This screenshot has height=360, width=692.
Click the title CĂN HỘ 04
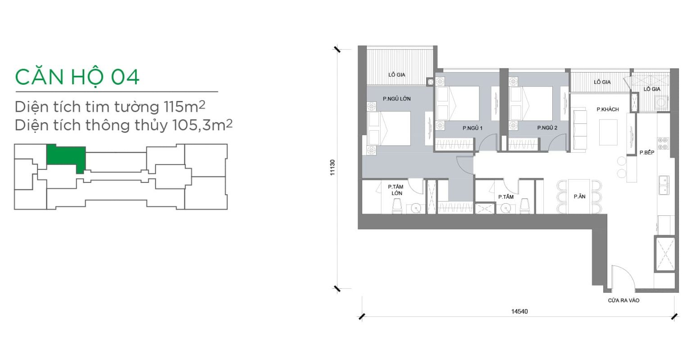tap(77, 77)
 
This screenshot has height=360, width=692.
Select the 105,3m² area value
tap(202, 125)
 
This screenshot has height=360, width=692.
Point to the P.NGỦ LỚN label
tap(396, 99)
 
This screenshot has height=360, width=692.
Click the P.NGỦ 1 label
tap(472, 128)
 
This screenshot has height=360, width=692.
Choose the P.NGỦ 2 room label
tap(547, 128)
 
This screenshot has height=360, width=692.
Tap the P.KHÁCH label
tap(608, 109)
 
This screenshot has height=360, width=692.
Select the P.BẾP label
tap(647, 152)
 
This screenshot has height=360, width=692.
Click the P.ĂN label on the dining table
tap(579, 196)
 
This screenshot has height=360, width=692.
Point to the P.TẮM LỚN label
tap(396, 190)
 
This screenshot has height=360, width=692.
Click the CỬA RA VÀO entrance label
tap(624, 301)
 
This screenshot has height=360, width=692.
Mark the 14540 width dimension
tap(519, 311)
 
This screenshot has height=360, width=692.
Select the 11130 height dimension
tap(332, 168)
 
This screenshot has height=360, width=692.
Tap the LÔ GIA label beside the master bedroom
tap(396, 75)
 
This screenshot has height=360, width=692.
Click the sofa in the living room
tap(579, 129)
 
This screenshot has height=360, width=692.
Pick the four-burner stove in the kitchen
tap(663, 143)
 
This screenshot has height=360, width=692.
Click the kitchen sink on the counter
tap(664, 185)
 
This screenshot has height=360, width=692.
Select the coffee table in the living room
tap(608, 132)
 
